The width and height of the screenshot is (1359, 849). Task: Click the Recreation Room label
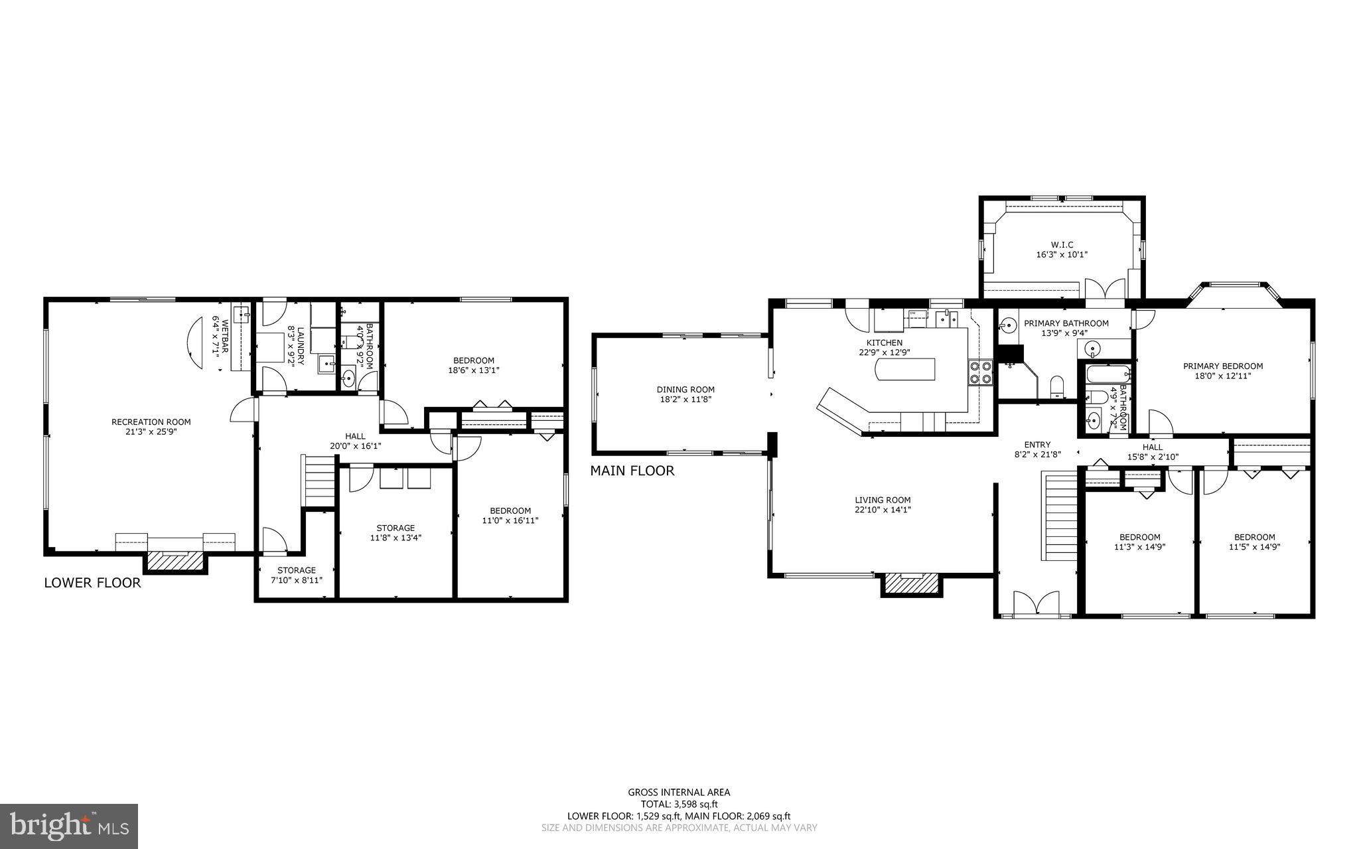[x=151, y=422]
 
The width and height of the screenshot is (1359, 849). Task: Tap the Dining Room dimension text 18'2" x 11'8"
[x=685, y=400]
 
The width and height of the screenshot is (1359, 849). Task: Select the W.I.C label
[x=1062, y=244]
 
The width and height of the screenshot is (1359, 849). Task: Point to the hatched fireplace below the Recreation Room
[x=175, y=561]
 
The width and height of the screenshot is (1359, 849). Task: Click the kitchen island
[x=905, y=369]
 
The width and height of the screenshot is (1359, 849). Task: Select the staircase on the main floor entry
[x=1058, y=516]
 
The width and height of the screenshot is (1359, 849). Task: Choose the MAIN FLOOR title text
[x=632, y=471]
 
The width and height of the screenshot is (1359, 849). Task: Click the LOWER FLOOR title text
[x=92, y=583]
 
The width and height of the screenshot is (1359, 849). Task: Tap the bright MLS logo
[x=68, y=826]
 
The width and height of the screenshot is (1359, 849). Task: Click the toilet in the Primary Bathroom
[x=1057, y=387]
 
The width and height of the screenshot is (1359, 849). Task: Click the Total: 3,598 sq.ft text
[x=679, y=804]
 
